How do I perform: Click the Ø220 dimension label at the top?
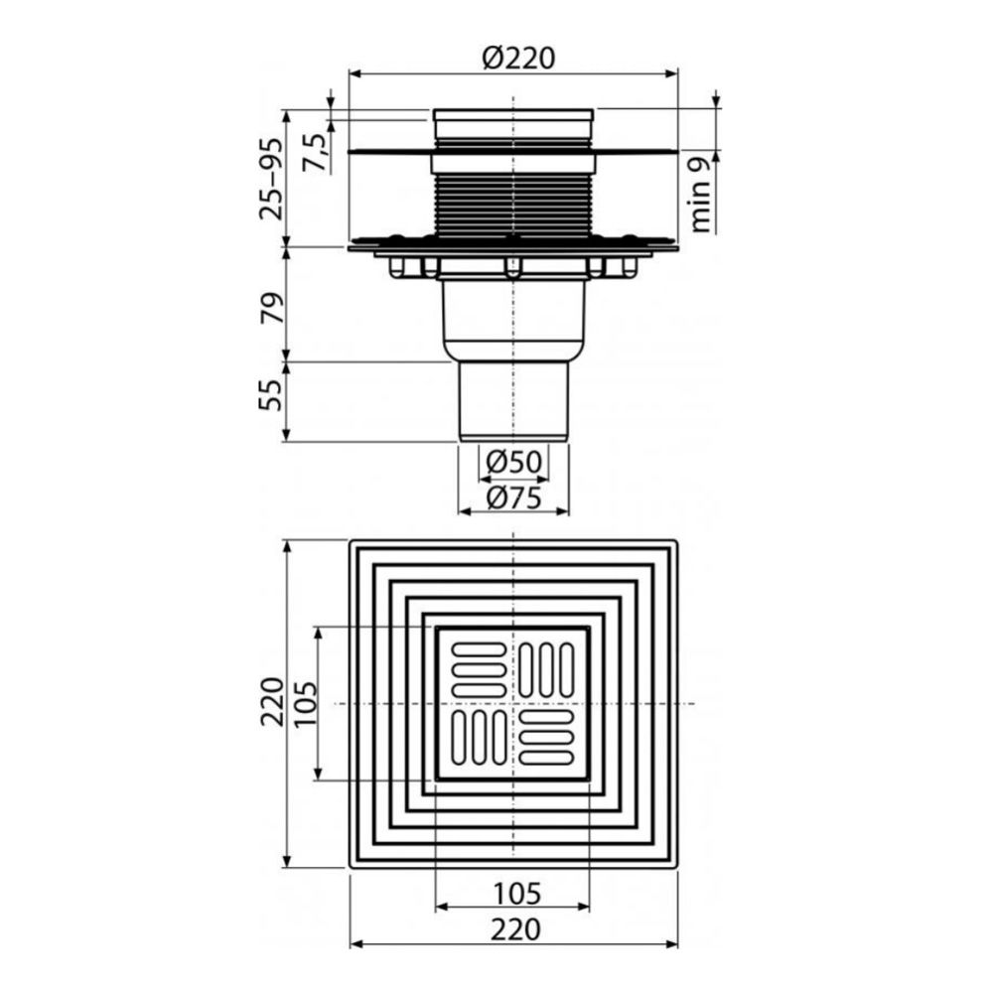pyautogui.click(x=518, y=59)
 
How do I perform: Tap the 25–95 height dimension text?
pyautogui.click(x=272, y=178)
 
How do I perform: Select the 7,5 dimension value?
pyautogui.click(x=316, y=153)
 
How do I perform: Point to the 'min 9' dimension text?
pyautogui.click(x=701, y=195)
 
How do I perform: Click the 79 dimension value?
pyautogui.click(x=271, y=308)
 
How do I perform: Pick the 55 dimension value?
pyautogui.click(x=271, y=394)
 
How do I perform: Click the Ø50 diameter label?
pyautogui.click(x=513, y=462)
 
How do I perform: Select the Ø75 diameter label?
pyautogui.click(x=513, y=498)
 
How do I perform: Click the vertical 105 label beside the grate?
pyautogui.click(x=304, y=704)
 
